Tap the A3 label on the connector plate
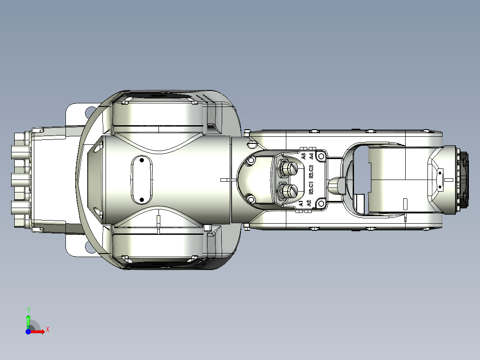303,156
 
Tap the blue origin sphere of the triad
28,331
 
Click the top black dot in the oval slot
141,160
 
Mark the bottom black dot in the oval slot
141,199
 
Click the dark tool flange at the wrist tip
465,180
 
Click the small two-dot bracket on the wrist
440,180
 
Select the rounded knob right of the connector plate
336,184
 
